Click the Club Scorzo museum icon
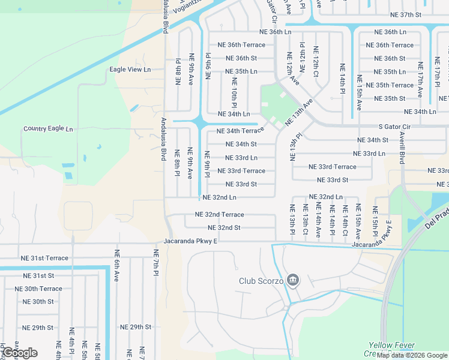(292, 280)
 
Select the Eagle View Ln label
(130, 70)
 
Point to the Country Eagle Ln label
(48, 129)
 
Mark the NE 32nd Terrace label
(219, 214)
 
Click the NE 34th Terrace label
(240, 130)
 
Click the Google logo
(19, 353)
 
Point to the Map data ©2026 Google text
(411, 355)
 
